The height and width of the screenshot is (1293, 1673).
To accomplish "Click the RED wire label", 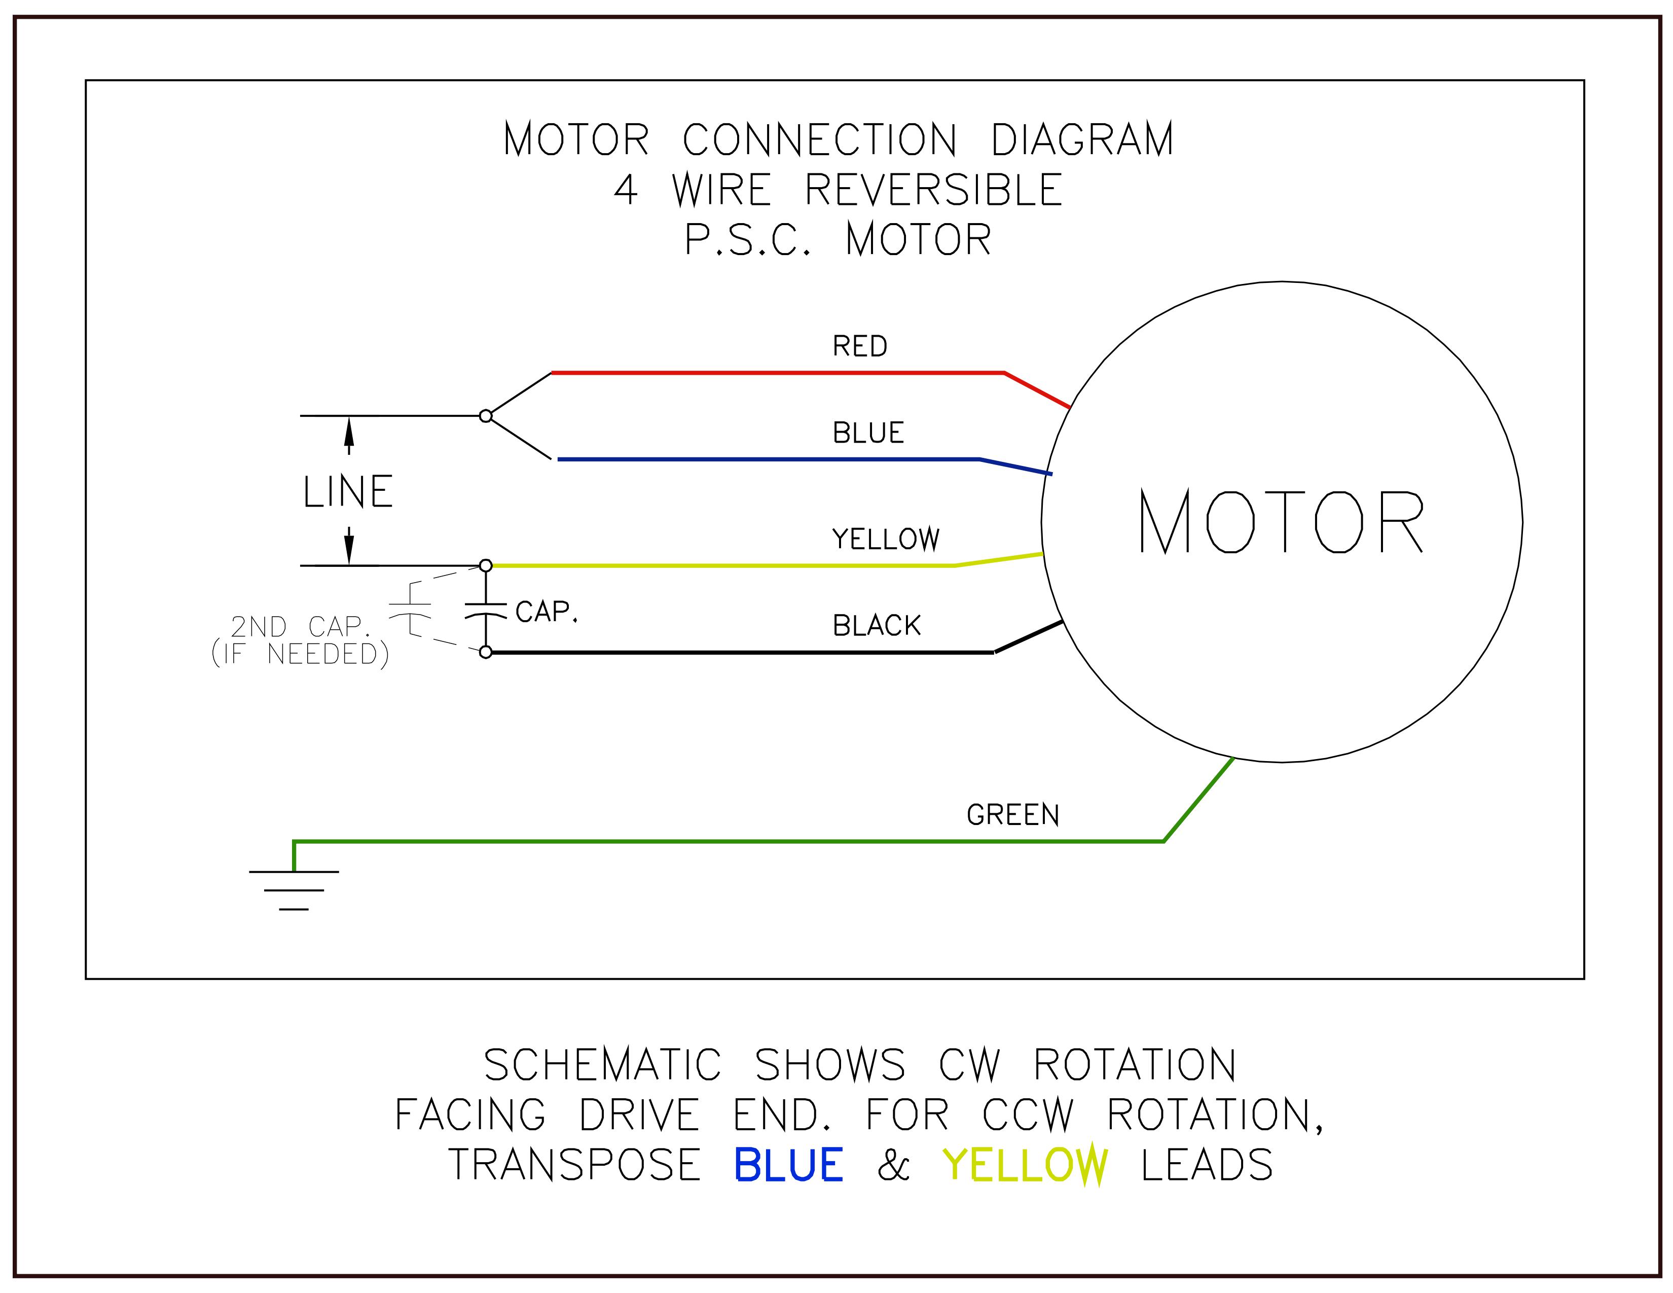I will tap(859, 346).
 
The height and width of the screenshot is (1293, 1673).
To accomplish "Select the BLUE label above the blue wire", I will tap(868, 434).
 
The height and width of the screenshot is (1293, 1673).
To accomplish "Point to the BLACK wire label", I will tap(877, 626).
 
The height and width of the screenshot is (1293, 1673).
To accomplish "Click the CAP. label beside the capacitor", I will tap(545, 612).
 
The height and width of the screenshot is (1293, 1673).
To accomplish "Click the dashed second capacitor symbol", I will tap(411, 609).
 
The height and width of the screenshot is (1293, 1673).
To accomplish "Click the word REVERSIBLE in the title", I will tap(933, 190).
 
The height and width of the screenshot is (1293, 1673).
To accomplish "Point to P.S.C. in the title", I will tap(747, 240).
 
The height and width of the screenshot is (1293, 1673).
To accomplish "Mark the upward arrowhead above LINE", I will tap(349, 434).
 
